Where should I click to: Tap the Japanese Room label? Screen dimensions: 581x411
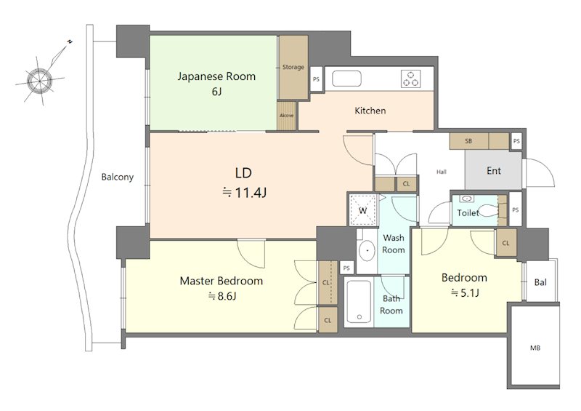[216, 76]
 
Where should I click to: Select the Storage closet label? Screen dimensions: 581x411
[293, 67]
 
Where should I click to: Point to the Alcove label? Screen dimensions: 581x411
[286, 116]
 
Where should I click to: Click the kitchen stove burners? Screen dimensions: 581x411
[410, 79]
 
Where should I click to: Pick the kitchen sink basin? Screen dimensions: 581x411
[346, 79]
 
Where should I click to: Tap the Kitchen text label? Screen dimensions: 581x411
[370, 111]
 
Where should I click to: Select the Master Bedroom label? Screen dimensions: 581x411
[222, 281]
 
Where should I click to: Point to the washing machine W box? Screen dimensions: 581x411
[363, 210]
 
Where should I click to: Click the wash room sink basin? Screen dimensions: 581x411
[367, 250]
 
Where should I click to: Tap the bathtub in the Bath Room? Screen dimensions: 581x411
[358, 301]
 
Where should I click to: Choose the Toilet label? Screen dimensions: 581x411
[468, 212]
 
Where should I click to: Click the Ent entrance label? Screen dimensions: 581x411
[494, 171]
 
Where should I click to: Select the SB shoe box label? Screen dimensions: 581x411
[468, 141]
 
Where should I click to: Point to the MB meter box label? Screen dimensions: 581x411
[535, 348]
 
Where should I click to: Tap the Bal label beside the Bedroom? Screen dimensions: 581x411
[540, 282]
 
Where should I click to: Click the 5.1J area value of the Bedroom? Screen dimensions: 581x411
[465, 293]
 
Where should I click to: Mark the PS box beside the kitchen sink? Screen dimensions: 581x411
[316, 79]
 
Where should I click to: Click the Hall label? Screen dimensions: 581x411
[442, 172]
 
